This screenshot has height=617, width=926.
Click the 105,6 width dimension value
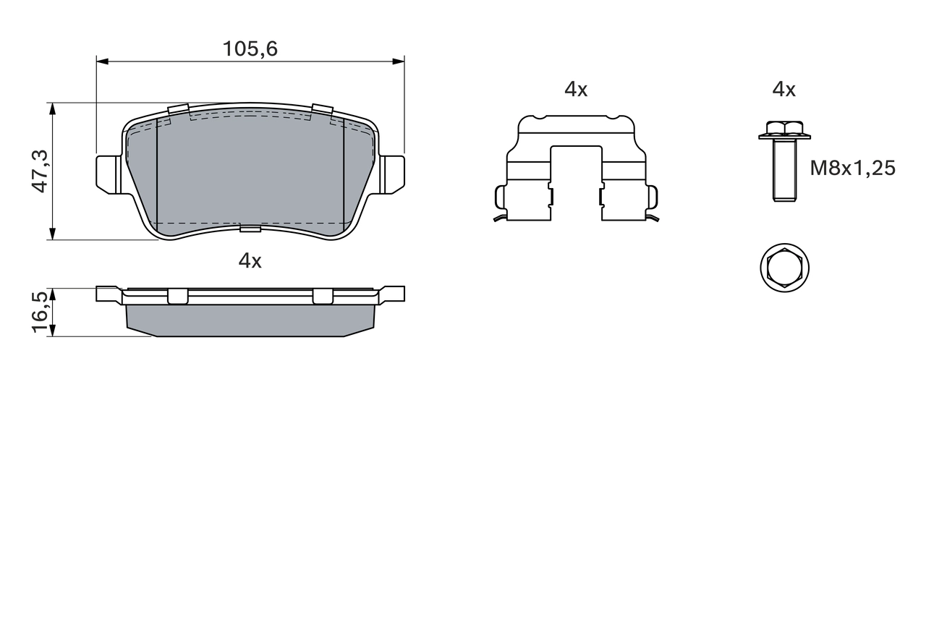[x=250, y=49]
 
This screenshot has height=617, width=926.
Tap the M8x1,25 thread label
[x=852, y=169]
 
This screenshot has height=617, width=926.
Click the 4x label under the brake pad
[x=250, y=261]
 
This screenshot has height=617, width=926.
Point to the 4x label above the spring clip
[x=576, y=90]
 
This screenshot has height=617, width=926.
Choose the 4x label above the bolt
[x=783, y=90]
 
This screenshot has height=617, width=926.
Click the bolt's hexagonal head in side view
[x=783, y=130]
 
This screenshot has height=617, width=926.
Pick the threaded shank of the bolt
[x=784, y=170]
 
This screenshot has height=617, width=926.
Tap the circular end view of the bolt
[x=784, y=268]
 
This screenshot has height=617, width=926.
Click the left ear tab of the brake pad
[x=107, y=174]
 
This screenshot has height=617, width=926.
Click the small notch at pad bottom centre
[x=250, y=229]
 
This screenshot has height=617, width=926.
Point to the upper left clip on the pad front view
[x=178, y=110]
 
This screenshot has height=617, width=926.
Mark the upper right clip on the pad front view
[x=322, y=110]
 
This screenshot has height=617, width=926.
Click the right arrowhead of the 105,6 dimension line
[x=399, y=61]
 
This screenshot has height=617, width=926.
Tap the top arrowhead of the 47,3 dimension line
[x=52, y=108]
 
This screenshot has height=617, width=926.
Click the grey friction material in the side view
[x=250, y=320]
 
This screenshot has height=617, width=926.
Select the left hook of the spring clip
[x=499, y=197]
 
